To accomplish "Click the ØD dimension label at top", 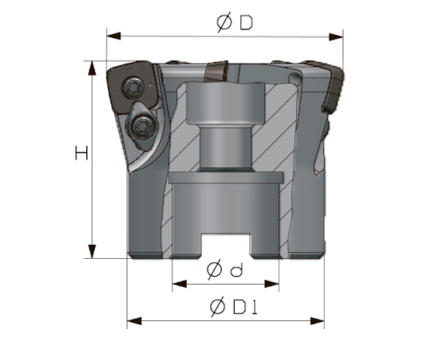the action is coord(235,23).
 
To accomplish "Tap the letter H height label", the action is coord(82,153).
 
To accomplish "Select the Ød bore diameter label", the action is coord(225,270).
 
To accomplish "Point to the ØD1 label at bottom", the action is coord(234,307).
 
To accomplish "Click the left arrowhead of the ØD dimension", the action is coord(113,36).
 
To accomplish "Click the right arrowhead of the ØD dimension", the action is coord(336,37).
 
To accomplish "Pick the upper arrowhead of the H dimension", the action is coord(92,68).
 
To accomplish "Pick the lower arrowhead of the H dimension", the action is coord(92,251).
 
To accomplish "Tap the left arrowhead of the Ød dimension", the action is coord(179,284).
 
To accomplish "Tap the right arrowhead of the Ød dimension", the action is coord(272,284).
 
